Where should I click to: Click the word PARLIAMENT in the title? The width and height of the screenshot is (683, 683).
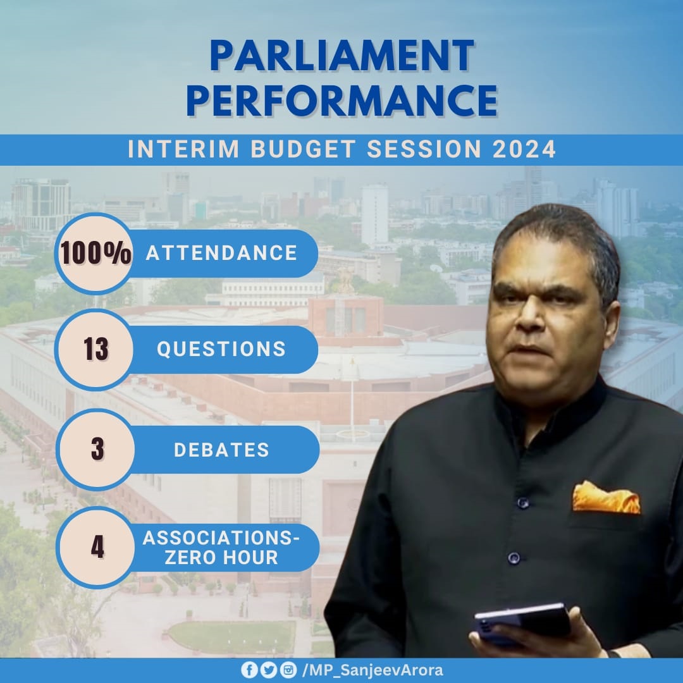pyautogui.click(x=342, y=55)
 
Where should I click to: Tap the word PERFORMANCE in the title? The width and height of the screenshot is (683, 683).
pyautogui.click(x=342, y=101)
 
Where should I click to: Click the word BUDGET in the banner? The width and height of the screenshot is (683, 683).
pyautogui.click(x=303, y=149)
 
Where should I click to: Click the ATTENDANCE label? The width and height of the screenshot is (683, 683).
pyautogui.click(x=222, y=253)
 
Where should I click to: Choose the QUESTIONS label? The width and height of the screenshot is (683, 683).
pyautogui.click(x=221, y=349)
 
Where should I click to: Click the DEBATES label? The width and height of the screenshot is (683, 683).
pyautogui.click(x=222, y=450)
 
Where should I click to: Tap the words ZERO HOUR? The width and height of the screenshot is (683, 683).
pyautogui.click(x=221, y=558)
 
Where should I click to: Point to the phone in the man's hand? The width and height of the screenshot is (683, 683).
pyautogui.click(x=521, y=622)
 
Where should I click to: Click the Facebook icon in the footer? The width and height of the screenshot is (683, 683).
pyautogui.click(x=249, y=670)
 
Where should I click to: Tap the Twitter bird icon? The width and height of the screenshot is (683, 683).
pyautogui.click(x=268, y=670)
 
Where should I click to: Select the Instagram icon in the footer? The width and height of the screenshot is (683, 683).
pyautogui.click(x=288, y=670)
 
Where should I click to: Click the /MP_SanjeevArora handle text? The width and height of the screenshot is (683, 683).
pyautogui.click(x=372, y=670)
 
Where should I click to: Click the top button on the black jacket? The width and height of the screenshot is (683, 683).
pyautogui.click(x=523, y=503)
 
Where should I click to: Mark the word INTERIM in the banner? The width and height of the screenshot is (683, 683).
pyautogui.click(x=183, y=149)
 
